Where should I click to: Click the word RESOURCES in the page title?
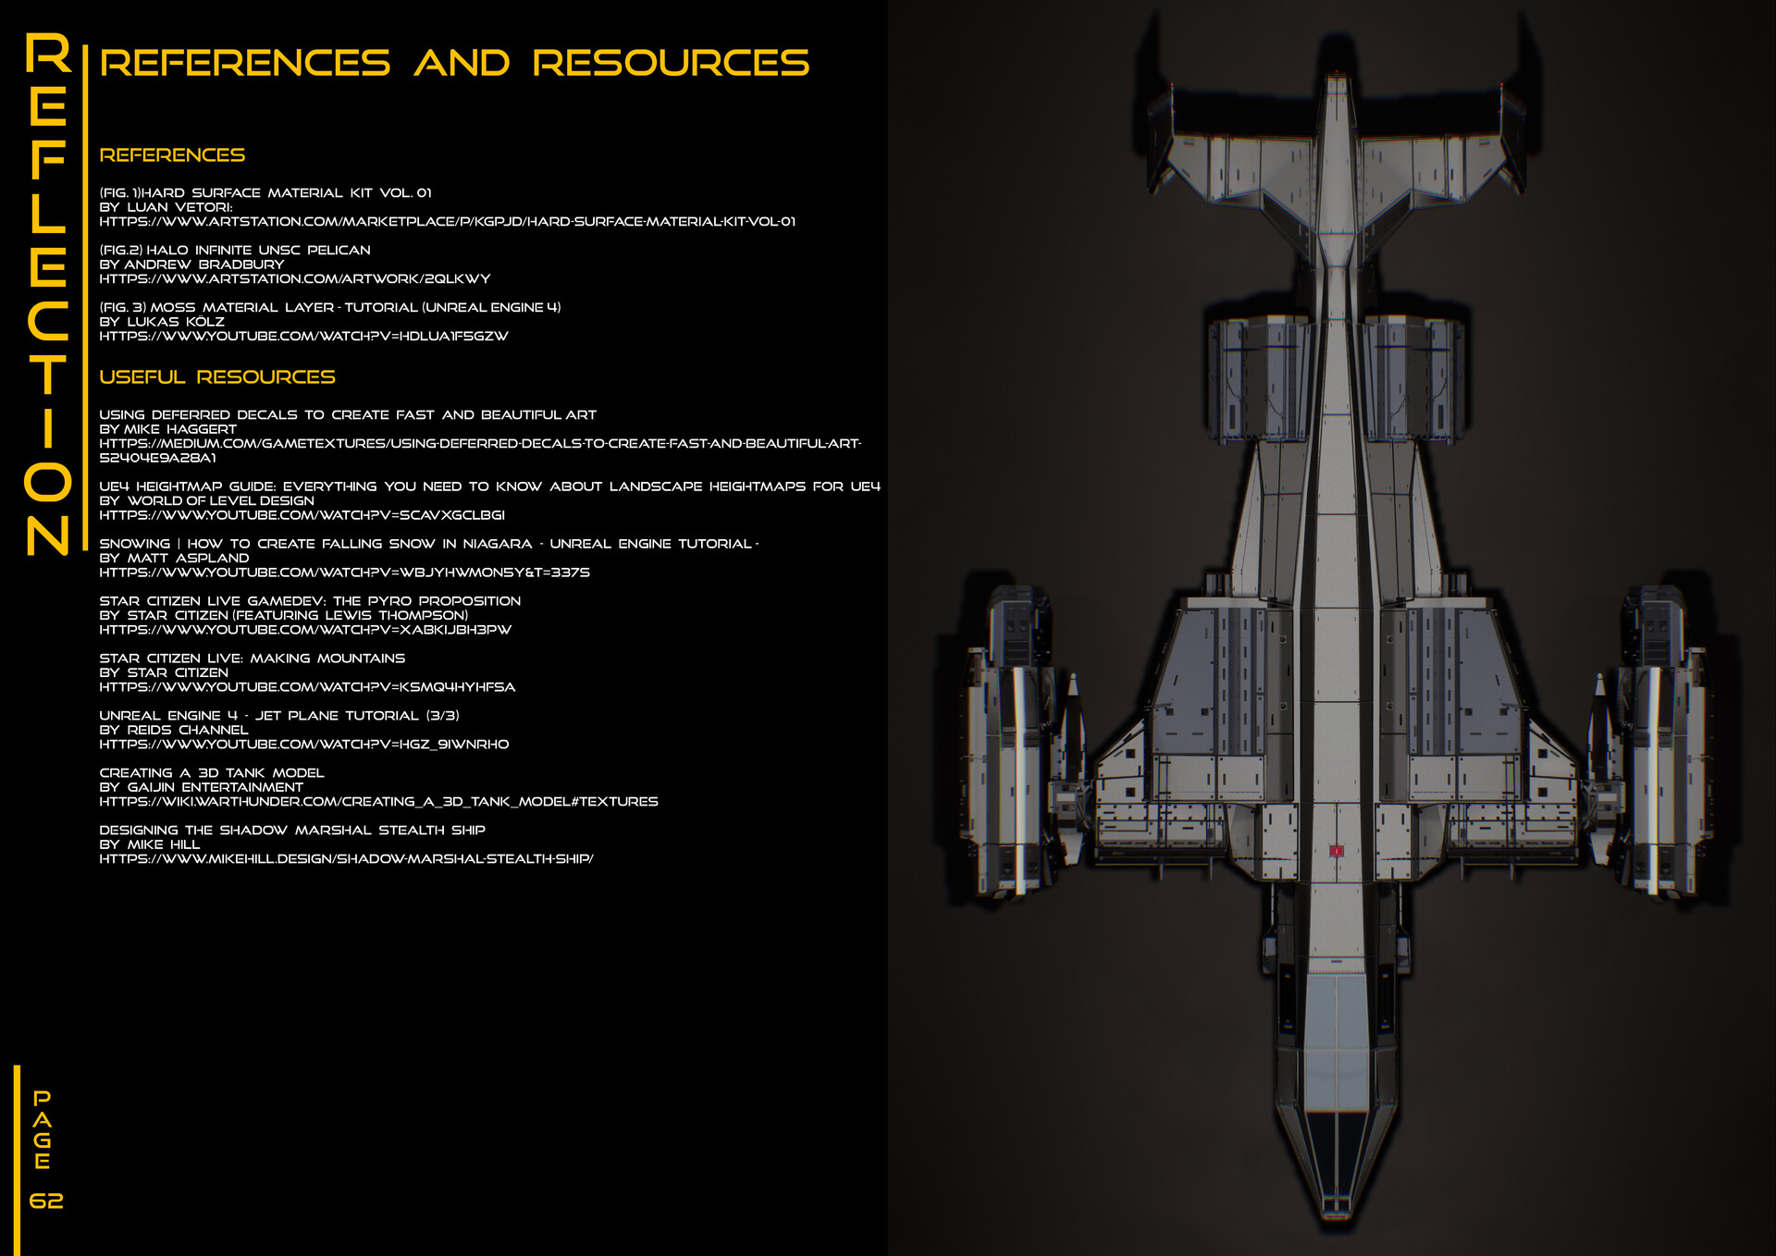point(671,63)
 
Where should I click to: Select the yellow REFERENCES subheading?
point(172,155)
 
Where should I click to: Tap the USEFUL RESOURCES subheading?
point(217,377)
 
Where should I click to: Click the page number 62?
point(46,1201)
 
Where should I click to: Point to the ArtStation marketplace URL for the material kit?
point(447,222)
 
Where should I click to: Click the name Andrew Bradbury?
point(204,265)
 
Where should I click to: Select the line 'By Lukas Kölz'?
point(162,322)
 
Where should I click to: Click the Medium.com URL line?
point(479,444)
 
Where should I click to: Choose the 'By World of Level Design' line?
point(206,500)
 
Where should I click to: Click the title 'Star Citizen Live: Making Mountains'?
point(252,659)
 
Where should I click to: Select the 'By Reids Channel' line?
point(174,730)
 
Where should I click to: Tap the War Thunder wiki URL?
point(378,802)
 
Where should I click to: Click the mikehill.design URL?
point(346,859)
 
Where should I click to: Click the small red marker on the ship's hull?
point(1336,850)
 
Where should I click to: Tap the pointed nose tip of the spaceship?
point(1336,1212)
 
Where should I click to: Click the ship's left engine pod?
point(1013,740)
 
